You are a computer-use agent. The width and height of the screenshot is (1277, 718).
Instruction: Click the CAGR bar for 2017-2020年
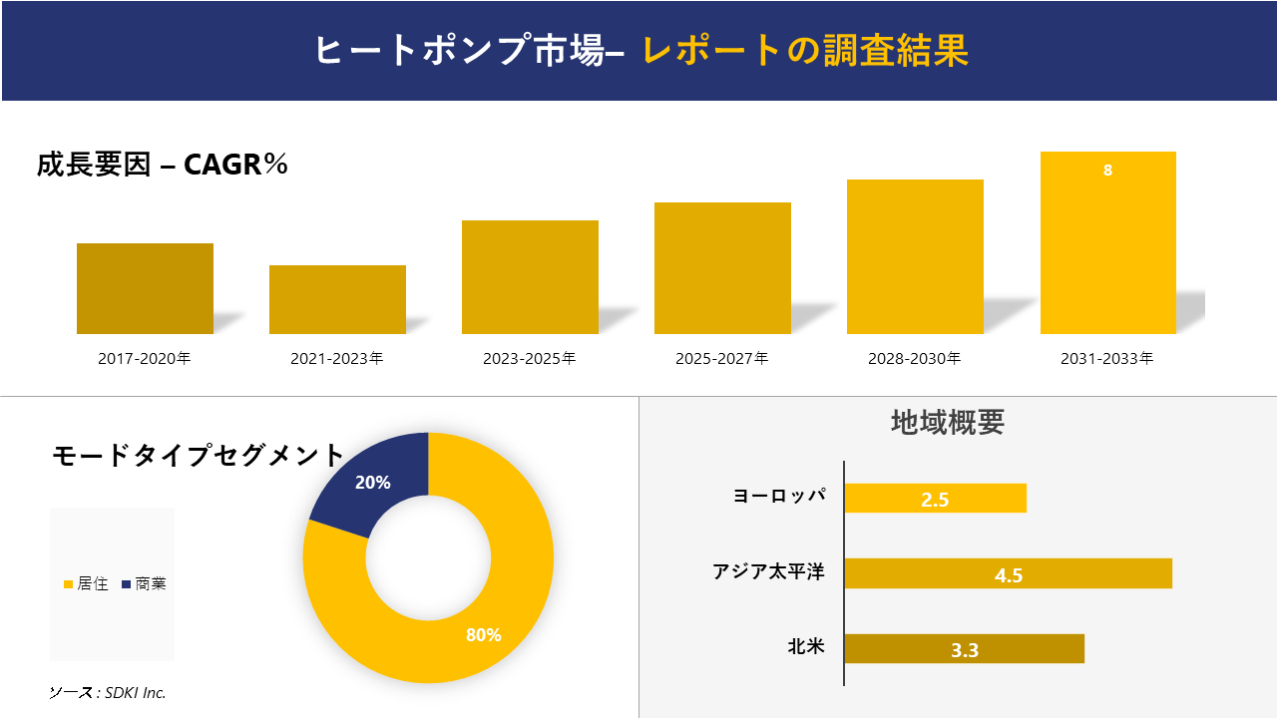(145, 288)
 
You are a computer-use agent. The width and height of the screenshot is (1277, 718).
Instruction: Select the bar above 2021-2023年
(337, 299)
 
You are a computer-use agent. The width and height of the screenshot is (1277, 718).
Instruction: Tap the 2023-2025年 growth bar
(530, 277)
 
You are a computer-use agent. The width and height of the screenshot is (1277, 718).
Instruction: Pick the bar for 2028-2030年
(915, 256)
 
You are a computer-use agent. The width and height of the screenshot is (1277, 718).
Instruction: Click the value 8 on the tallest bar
(1107, 171)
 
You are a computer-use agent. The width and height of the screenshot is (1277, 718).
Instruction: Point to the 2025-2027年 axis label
(721, 358)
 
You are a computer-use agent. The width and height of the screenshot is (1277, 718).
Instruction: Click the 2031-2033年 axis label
(1107, 358)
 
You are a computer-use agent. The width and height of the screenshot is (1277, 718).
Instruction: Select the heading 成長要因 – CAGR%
(163, 165)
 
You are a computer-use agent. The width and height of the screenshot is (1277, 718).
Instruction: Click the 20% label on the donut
(372, 483)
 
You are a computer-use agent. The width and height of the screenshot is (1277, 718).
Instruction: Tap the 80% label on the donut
(483, 635)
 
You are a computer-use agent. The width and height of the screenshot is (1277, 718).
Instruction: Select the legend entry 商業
(144, 584)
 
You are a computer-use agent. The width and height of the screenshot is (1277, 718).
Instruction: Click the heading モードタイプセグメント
(198, 456)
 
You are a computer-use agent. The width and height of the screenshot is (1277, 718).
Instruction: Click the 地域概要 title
(947, 422)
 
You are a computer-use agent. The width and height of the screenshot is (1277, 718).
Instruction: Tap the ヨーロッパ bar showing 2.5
(935, 499)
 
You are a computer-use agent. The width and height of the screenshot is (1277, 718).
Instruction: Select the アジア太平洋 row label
(768, 572)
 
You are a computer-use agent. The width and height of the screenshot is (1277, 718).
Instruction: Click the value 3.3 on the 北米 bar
(965, 650)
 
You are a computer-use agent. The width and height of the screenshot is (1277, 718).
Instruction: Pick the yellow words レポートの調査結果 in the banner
(805, 51)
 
